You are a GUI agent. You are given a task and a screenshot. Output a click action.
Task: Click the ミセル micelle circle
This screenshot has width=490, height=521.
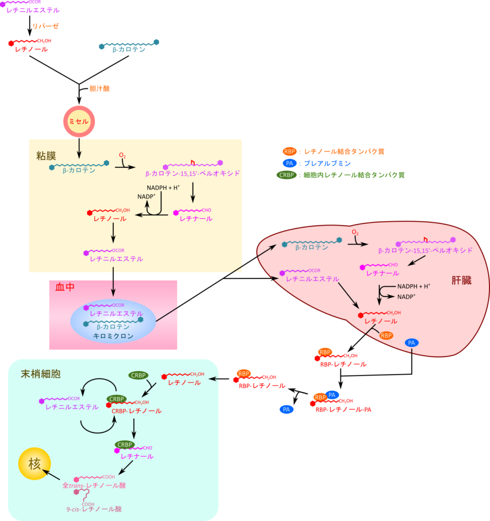pyautogui.click(x=78, y=122)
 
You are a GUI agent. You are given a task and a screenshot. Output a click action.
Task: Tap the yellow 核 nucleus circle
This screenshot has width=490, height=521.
pyautogui.click(x=34, y=465)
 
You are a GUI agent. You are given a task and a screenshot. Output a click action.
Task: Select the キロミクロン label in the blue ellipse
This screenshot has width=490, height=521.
pyautogui.click(x=113, y=336)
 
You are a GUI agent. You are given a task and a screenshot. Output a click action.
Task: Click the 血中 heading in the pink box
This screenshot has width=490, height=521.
pyautogui.click(x=65, y=287)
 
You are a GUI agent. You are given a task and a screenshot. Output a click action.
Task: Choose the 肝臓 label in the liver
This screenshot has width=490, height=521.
pyautogui.click(x=461, y=280)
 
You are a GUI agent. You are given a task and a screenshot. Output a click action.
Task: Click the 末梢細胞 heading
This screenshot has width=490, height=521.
pyautogui.click(x=40, y=374)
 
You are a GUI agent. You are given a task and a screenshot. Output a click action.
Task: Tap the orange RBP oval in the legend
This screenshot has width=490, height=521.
pyautogui.click(x=290, y=151)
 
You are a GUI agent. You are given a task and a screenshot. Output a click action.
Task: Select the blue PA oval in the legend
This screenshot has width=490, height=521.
pyautogui.click(x=289, y=163)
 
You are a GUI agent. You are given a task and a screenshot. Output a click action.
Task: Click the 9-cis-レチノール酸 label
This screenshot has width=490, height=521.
pyautogui.click(x=94, y=508)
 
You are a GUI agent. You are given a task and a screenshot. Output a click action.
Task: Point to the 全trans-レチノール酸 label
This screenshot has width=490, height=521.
pyautogui.click(x=94, y=485)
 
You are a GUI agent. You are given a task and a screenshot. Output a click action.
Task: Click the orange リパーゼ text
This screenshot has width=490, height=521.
pyautogui.click(x=46, y=26)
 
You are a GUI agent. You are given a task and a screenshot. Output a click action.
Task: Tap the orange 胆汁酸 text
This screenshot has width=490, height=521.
pyautogui.click(x=99, y=89)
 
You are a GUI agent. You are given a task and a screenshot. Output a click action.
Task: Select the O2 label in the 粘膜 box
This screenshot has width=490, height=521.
pyautogui.click(x=122, y=155)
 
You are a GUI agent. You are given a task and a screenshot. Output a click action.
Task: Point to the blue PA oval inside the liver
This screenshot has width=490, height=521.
pyautogui.click(x=412, y=343)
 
